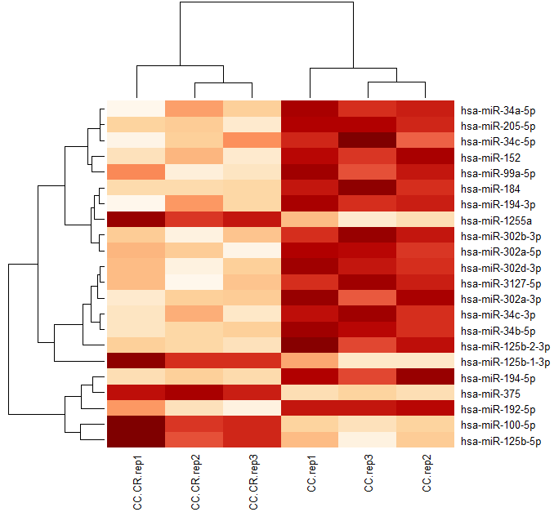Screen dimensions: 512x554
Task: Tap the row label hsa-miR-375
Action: coord(488,394)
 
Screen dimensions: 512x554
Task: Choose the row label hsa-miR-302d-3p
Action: coord(500,268)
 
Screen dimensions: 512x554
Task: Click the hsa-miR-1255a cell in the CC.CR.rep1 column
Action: coord(136,220)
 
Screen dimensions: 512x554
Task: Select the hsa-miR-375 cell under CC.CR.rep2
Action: coord(194,393)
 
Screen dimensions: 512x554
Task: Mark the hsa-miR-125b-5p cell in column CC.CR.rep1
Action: coord(136,440)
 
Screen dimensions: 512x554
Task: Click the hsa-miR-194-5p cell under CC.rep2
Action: coord(425,377)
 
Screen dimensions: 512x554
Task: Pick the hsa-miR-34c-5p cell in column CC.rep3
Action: coord(368,141)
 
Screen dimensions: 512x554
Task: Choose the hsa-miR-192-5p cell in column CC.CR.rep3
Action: coord(252,408)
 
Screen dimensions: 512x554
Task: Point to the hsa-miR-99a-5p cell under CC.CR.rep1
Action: coord(136,172)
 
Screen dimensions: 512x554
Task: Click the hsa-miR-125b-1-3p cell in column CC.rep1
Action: coord(310,361)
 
